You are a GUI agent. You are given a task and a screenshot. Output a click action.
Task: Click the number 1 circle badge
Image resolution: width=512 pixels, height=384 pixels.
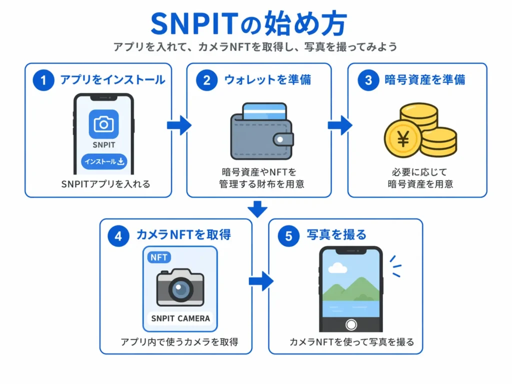pos(43,80)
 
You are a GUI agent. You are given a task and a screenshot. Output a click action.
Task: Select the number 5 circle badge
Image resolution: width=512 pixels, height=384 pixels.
pos(288,235)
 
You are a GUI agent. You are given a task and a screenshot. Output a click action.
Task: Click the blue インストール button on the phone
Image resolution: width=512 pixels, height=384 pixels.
pos(104,161)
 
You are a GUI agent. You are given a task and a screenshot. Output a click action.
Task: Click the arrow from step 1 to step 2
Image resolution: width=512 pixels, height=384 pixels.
pos(179,125)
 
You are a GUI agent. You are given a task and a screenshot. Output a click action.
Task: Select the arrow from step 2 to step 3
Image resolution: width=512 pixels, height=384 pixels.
pos(340,125)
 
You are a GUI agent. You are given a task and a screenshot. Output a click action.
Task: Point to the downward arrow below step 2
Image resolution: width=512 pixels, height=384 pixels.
pos(257,208)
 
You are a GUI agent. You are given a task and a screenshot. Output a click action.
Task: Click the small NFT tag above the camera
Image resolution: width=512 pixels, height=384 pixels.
pos(159,257)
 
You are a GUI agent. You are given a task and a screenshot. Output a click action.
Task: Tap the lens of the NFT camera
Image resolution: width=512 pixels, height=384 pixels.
pos(180,288)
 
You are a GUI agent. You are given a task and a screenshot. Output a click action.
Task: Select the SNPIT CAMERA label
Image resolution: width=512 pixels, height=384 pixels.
pos(180,318)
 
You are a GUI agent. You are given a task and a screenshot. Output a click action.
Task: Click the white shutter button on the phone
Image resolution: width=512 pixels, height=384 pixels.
pos(351,324)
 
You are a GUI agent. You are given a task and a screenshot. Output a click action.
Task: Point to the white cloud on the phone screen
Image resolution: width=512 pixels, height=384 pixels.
pos(338,268)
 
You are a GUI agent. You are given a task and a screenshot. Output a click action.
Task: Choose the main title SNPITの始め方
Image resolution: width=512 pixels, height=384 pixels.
pos(248,23)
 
